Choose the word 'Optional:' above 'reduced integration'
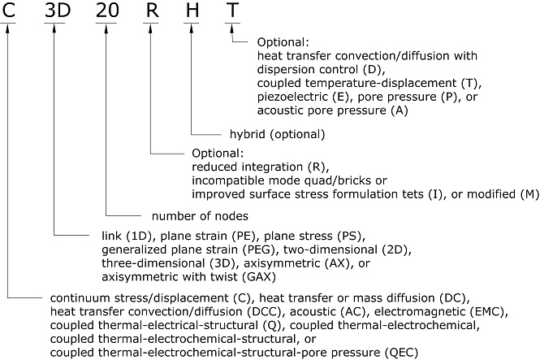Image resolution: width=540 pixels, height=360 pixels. click(x=218, y=153)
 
